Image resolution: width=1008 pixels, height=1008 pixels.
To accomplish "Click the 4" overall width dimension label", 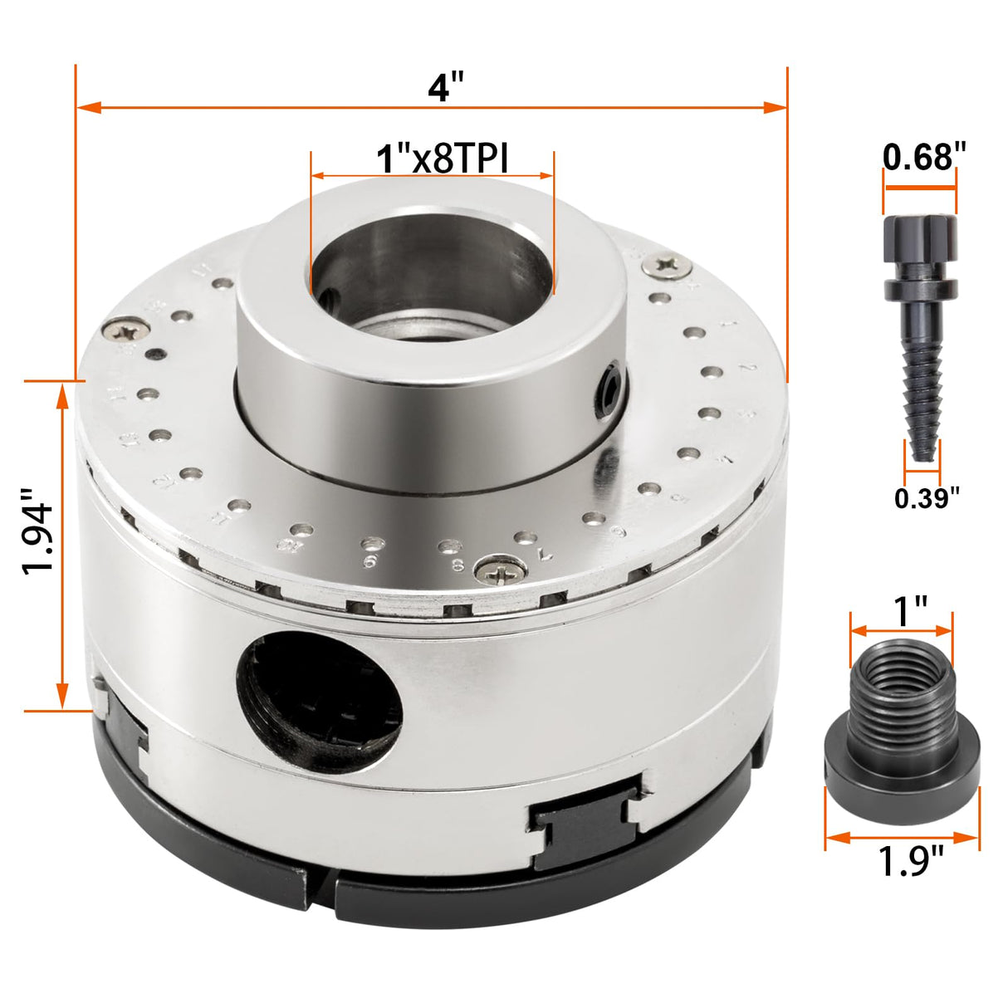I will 445,86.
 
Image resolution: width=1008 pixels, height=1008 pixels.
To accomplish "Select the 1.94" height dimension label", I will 38,536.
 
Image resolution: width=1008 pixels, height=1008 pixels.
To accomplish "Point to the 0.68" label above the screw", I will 924,156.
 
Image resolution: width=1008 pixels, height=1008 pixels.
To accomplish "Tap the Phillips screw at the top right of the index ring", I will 669,264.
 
